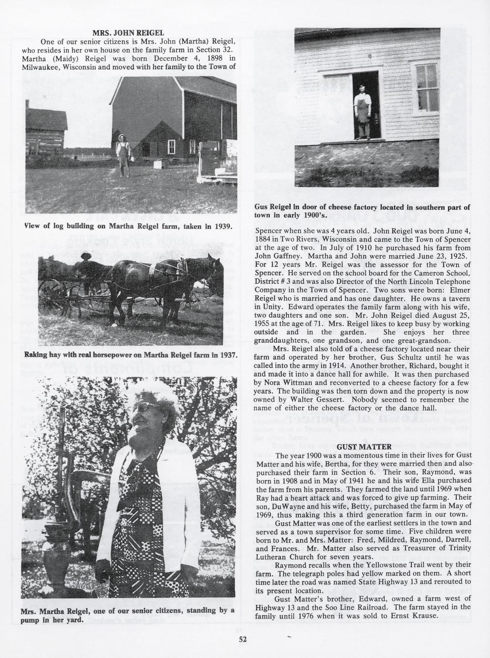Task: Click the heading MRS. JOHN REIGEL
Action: (x=128, y=33)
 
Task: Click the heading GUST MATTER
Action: (x=364, y=447)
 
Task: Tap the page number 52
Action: (x=243, y=639)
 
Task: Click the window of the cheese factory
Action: (x=426, y=89)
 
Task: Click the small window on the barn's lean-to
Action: (x=171, y=146)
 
